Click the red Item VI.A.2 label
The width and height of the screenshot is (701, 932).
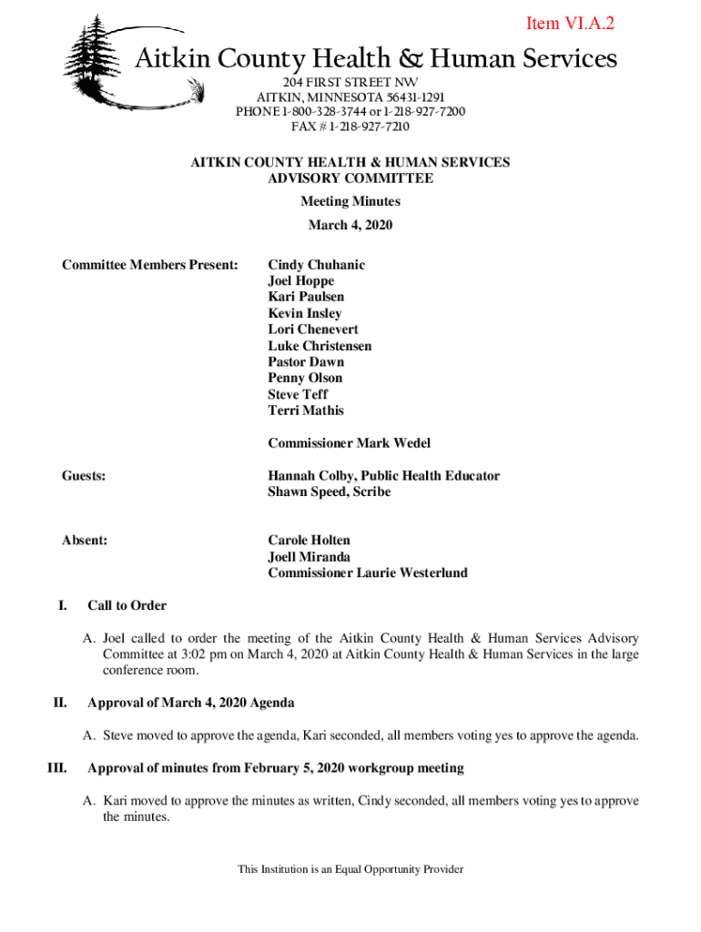570,24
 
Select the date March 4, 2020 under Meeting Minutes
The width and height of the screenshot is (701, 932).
350,225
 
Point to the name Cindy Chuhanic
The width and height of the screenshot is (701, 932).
316,265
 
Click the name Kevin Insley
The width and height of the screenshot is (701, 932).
305,313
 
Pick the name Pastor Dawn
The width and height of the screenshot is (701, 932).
306,361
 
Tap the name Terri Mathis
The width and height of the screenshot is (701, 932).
306,410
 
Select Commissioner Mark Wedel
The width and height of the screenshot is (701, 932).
350,443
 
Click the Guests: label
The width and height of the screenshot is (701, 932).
84,476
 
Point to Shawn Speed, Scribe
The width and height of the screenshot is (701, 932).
330,492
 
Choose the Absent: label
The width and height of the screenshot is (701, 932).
85,541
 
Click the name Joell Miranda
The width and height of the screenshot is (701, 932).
309,557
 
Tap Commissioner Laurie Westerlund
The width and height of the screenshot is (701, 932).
368,573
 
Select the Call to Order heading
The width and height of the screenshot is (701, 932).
127,605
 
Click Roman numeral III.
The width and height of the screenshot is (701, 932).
56,768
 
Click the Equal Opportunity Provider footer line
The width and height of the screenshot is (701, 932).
350,869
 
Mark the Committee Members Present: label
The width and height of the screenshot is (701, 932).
149,265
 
